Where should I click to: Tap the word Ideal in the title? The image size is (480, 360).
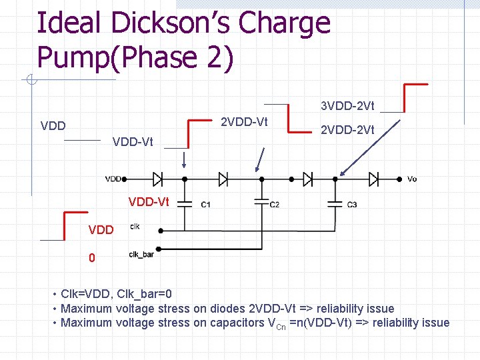(65, 23)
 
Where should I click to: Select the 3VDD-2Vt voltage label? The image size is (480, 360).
(347, 106)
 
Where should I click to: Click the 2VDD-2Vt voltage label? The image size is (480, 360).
(347, 130)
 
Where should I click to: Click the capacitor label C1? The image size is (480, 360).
(206, 205)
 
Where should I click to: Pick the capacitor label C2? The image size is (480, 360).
(275, 205)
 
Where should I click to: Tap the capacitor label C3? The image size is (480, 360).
(352, 205)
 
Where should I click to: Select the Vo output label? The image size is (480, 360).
(412, 179)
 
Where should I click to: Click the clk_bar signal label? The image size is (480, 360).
(141, 254)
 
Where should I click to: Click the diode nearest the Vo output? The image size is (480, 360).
(374, 179)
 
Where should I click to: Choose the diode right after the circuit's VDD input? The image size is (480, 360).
(158, 179)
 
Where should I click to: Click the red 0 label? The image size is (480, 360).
(92, 257)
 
